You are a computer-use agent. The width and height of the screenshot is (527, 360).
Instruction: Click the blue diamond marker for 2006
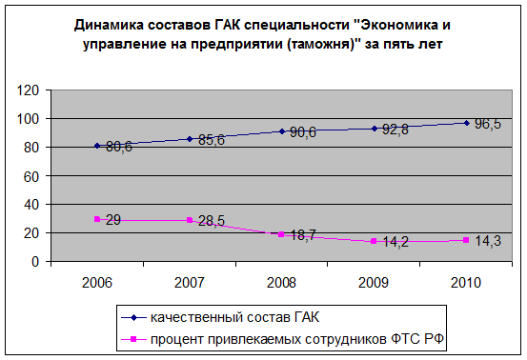click(97, 146)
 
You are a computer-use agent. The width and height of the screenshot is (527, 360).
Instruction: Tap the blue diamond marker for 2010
click(467, 123)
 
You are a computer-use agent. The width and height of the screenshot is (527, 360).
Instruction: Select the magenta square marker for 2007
click(190, 220)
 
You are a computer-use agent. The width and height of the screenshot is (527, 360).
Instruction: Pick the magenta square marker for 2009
click(374, 241)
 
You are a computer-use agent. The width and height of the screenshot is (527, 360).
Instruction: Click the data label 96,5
click(488, 124)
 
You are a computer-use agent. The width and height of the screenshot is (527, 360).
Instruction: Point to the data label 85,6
click(212, 140)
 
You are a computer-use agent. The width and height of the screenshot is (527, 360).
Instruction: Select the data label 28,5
click(212, 221)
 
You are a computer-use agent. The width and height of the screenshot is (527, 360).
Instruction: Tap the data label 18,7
click(303, 235)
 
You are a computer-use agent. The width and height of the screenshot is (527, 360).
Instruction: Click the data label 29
click(113, 220)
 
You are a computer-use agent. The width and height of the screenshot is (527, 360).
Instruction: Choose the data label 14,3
click(488, 241)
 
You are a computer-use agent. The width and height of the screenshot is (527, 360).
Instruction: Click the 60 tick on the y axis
click(31, 176)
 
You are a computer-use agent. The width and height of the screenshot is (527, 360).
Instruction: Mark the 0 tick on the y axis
click(35, 262)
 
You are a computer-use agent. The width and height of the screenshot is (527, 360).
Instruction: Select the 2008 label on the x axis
click(281, 283)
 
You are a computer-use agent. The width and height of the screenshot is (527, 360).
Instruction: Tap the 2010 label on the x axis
click(466, 283)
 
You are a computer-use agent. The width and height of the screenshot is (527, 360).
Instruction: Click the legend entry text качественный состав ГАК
click(235, 317)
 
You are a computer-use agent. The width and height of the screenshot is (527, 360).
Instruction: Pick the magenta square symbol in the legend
click(133, 339)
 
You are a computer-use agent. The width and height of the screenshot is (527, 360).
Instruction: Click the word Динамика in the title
click(109, 25)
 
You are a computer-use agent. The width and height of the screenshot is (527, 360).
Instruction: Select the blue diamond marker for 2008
click(282, 131)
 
